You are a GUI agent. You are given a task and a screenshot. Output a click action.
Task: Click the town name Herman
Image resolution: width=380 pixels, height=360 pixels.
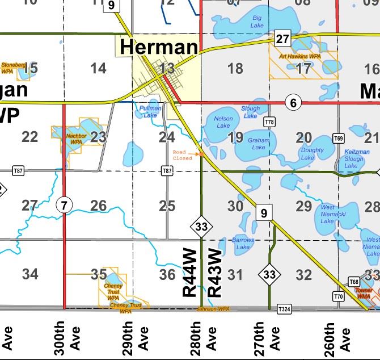159,47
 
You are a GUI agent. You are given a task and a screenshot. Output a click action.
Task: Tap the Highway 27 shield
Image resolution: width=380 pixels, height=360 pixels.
282,39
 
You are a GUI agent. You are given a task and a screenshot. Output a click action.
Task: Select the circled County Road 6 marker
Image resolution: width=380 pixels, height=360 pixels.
293,103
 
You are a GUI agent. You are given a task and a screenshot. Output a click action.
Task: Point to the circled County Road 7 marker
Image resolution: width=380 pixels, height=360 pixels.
64,205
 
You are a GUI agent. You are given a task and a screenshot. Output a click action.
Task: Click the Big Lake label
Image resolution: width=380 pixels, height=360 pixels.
257,22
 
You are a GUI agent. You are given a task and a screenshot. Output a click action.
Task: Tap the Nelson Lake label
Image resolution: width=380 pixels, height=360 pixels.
223,122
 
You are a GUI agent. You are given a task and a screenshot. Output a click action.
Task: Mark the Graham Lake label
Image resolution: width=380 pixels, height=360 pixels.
259,144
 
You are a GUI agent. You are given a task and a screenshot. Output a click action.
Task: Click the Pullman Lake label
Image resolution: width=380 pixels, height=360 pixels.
150,111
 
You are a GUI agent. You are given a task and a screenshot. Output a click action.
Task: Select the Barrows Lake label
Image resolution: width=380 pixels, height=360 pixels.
243,244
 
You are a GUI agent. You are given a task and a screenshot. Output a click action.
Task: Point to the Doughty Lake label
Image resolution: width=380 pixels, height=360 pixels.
312,154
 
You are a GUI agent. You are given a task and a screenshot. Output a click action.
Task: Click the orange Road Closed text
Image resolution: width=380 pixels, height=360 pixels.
183,155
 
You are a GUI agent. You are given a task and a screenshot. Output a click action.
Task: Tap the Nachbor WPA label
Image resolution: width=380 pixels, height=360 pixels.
76,139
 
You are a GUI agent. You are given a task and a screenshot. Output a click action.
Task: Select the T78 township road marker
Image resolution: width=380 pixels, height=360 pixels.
269,122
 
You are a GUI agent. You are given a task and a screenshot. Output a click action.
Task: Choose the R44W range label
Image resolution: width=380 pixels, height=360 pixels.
189,273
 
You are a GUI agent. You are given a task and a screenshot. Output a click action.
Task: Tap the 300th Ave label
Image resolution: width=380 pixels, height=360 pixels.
67,338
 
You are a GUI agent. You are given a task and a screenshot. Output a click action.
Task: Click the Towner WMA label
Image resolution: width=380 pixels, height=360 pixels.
364,293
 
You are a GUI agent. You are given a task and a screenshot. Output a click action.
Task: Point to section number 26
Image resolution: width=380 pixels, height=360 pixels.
98,206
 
